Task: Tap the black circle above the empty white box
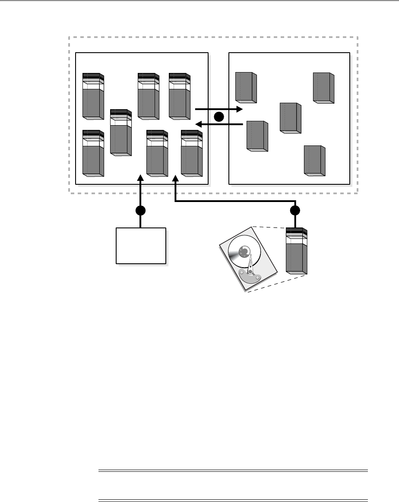tap(140, 211)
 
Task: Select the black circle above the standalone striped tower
tap(295, 211)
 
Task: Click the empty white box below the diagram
tap(141, 245)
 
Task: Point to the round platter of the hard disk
tap(243, 253)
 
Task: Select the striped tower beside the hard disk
tap(297, 253)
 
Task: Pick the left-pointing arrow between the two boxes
tap(220, 124)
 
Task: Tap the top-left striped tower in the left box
tap(93, 96)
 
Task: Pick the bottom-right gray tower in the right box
tap(315, 161)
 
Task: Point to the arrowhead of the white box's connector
tap(140, 177)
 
